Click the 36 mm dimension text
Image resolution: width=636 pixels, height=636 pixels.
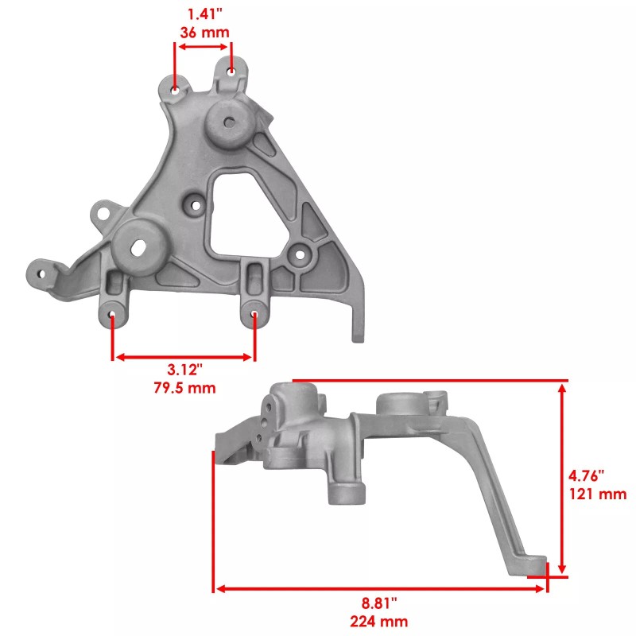click(203, 33)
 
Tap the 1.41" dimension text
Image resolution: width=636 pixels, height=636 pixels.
click(203, 14)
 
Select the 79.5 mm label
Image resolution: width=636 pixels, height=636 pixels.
click(184, 388)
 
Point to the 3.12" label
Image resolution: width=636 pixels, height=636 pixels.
click(184, 370)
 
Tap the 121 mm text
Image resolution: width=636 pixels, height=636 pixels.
click(598, 494)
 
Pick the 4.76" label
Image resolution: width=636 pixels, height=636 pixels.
click(587, 475)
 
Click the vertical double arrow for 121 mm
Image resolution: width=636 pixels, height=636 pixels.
click(563, 478)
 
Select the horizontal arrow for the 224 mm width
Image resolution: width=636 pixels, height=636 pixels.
click(380, 588)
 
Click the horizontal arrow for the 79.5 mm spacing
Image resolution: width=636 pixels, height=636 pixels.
click(184, 357)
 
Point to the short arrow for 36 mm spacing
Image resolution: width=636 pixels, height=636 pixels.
click(204, 48)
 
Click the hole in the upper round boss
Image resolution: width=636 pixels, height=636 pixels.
click(229, 123)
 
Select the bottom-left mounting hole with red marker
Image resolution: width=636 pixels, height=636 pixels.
click(112, 316)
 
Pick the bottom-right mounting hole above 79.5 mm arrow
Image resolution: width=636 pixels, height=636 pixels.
click(254, 315)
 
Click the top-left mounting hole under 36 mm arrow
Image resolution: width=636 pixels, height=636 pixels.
click(176, 87)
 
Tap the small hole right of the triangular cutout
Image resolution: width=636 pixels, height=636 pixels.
click(300, 255)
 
